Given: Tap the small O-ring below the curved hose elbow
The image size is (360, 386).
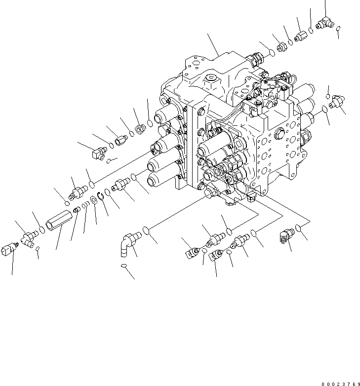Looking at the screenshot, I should tap(125, 267).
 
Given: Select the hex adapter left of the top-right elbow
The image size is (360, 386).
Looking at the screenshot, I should tap(301, 36).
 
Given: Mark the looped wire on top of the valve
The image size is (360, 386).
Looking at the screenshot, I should tap(290, 79).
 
